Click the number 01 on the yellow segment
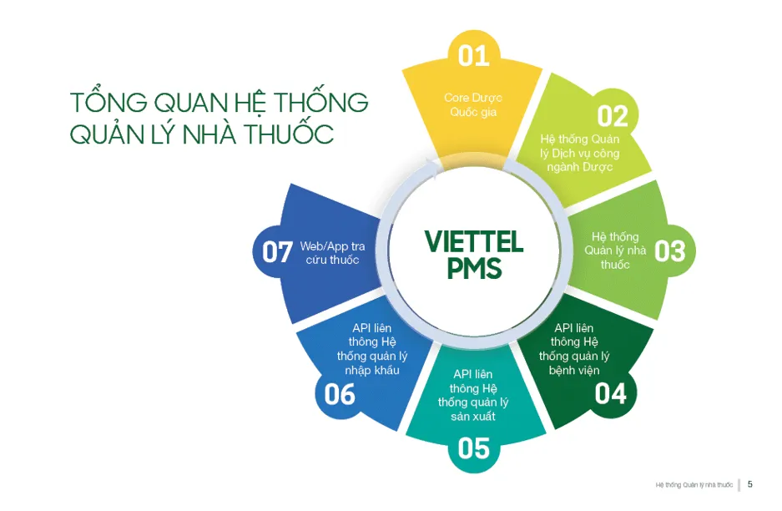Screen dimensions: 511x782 [x=473, y=55]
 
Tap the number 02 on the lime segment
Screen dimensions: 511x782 [x=613, y=116]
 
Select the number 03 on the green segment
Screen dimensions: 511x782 [x=669, y=250]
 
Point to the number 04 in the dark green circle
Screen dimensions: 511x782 [x=611, y=393]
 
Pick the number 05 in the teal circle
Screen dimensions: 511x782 [x=473, y=448]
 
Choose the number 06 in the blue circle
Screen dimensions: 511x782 [x=340, y=393]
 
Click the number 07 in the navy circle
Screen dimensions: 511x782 [x=277, y=251]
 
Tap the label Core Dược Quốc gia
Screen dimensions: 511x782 [x=473, y=105]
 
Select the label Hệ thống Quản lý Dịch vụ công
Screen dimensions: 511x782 [x=580, y=153]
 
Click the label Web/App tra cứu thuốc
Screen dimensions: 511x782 [x=333, y=253]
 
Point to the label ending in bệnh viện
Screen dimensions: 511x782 [x=574, y=349]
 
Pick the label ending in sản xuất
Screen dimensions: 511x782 [x=473, y=395]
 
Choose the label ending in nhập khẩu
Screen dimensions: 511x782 [x=372, y=349]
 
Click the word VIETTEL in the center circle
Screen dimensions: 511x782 [x=474, y=242]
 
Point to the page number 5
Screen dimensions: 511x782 [x=750, y=484]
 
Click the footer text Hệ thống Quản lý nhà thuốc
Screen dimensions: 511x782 [x=694, y=485]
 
